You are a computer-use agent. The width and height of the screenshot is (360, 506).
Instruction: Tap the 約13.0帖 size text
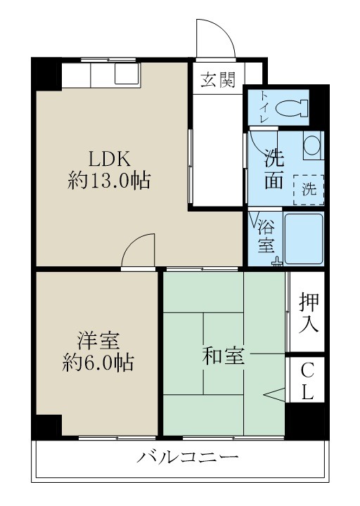pos(108,181)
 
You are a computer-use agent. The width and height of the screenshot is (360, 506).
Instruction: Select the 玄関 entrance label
pos(218,79)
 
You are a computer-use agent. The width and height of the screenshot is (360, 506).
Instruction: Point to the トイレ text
pos(264,107)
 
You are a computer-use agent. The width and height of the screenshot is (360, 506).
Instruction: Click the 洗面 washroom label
pos(274,169)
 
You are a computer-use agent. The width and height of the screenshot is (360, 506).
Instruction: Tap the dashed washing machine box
pos(309,188)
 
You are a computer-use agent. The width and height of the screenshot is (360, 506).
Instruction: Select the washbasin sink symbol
pos(312,145)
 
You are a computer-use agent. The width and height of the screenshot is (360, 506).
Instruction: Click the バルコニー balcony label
pos(188,458)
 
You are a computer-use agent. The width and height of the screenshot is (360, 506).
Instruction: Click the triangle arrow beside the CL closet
pos(275,394)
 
